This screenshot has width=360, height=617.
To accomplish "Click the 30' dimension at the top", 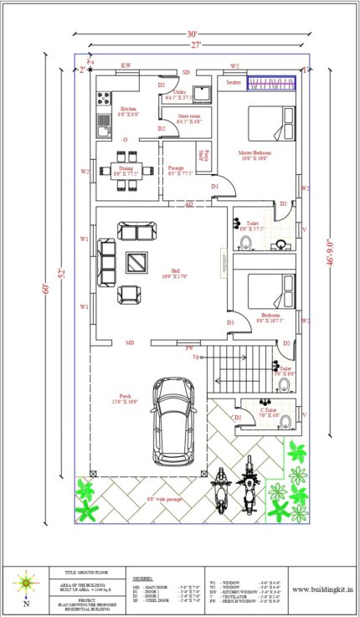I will tap(195, 34).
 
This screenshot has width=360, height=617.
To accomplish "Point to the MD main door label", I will tap(130, 342).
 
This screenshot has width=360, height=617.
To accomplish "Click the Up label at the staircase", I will tap(197, 357).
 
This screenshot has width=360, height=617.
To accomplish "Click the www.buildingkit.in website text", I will tap(321, 589).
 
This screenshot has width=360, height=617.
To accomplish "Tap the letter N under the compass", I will tap(26, 603).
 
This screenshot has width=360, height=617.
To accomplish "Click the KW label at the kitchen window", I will tap(126, 65).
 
